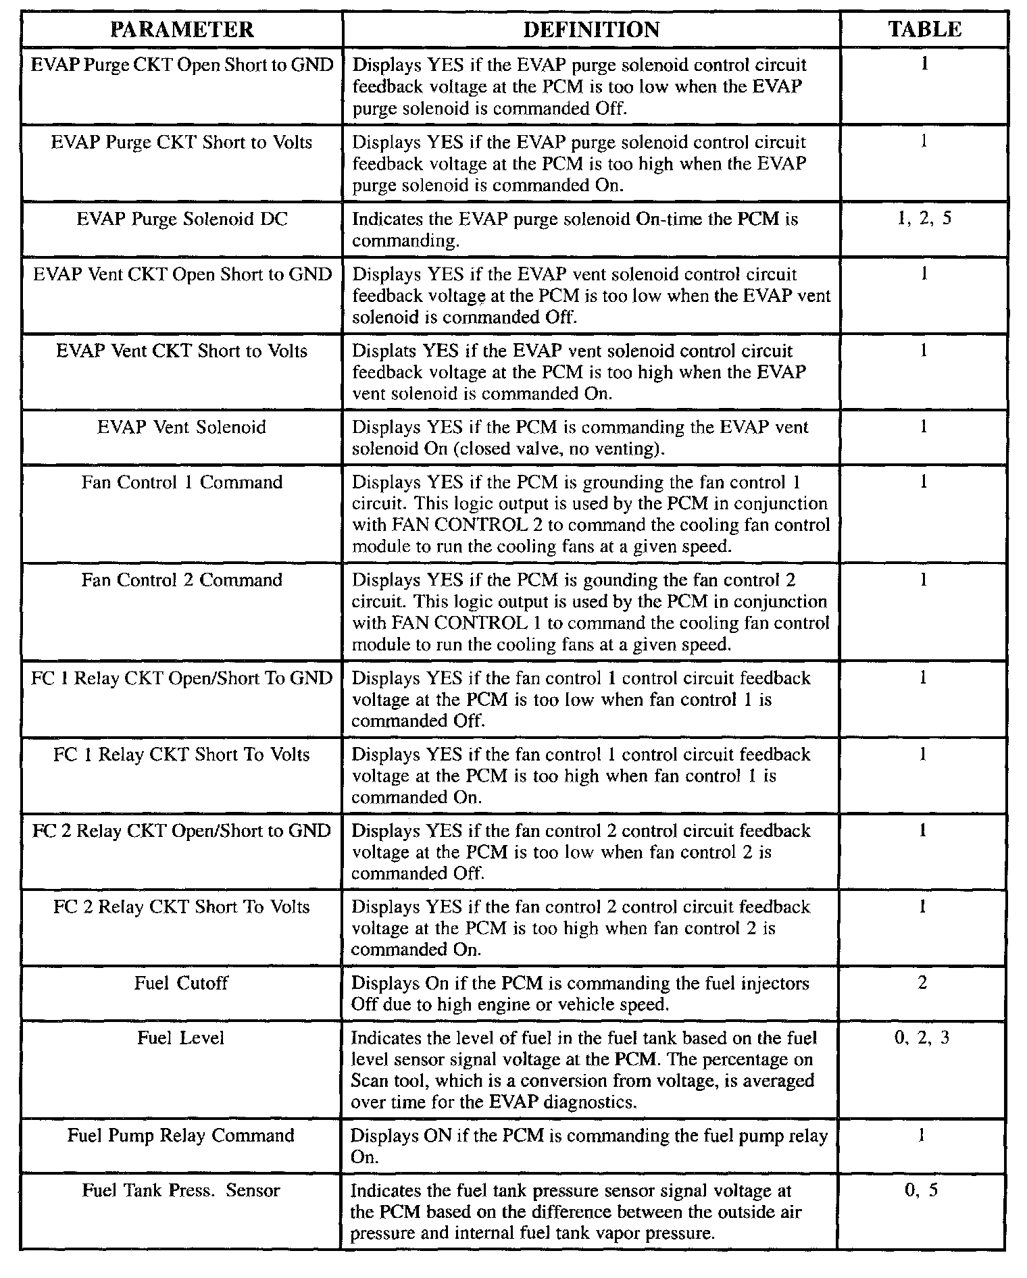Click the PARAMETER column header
click(182, 30)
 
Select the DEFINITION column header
click(591, 30)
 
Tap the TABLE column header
click(924, 29)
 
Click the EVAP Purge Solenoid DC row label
click(182, 220)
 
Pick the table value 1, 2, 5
click(924, 220)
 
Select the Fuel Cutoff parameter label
click(181, 983)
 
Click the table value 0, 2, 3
click(922, 1038)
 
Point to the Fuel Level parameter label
click(180, 1038)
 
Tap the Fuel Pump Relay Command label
click(181, 1135)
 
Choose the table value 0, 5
click(922, 1190)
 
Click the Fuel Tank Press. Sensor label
click(181, 1190)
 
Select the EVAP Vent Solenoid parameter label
click(182, 428)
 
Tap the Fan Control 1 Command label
click(182, 482)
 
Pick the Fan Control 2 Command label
click(182, 580)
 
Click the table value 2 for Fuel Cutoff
click(922, 983)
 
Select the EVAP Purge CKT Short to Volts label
click(182, 143)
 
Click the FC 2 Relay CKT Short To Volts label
click(182, 906)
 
